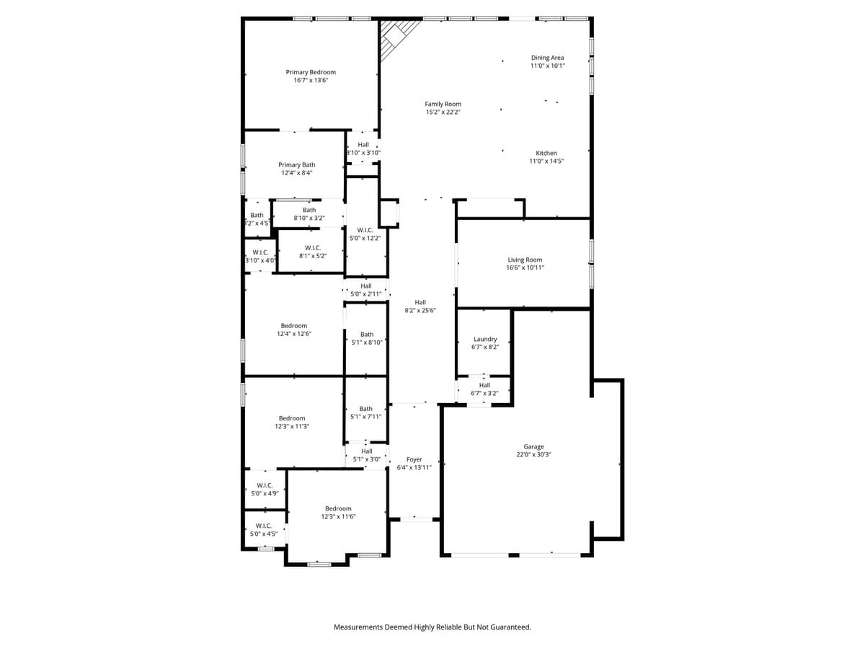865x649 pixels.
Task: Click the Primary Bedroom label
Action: pyautogui.click(x=311, y=72)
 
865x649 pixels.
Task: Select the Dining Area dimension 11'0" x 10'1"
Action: pyautogui.click(x=548, y=66)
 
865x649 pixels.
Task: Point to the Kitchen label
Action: pyautogui.click(x=546, y=153)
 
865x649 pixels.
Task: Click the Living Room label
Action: pyautogui.click(x=525, y=260)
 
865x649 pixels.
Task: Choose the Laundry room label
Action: pyautogui.click(x=485, y=339)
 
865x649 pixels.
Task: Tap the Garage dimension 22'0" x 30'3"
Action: pyautogui.click(x=534, y=454)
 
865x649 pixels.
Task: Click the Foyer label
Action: pyautogui.click(x=414, y=459)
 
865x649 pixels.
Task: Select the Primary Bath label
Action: pyautogui.click(x=297, y=165)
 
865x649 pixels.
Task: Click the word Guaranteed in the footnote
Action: pyautogui.click(x=509, y=627)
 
